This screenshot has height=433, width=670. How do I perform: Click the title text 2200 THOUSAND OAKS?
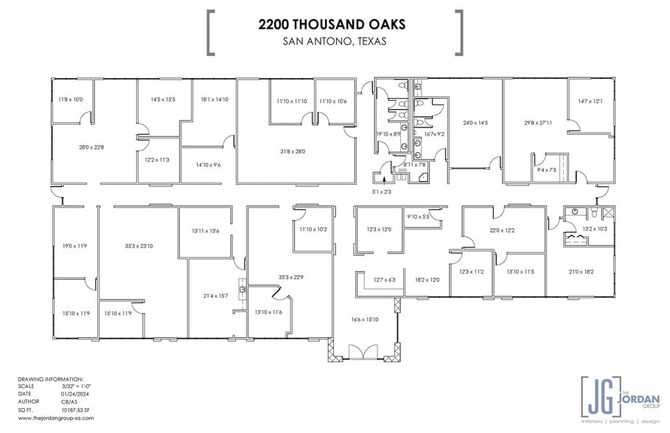[331, 24]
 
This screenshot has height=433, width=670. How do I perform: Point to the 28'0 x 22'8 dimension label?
[91, 147]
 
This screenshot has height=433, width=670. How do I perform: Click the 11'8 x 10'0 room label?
[71, 99]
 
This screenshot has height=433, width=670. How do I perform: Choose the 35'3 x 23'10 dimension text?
[138, 246]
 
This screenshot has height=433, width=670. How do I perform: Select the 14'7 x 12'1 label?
[590, 102]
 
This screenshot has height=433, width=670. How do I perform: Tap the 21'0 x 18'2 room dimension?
[580, 272]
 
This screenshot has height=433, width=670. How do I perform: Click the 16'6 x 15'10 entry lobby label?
[365, 319]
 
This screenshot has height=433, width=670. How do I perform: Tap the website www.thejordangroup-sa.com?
[55, 418]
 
